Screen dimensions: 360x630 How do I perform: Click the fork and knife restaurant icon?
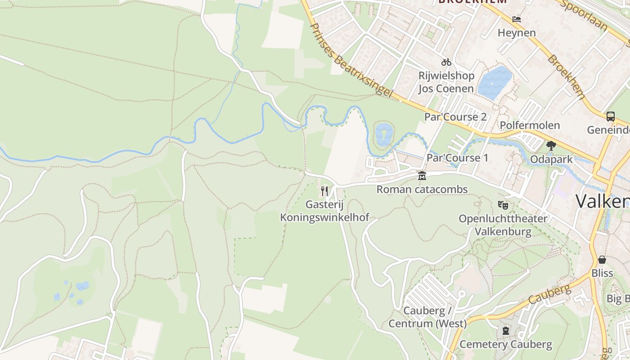tap(324, 191)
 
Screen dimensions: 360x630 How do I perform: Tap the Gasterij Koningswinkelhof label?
tap(324, 211)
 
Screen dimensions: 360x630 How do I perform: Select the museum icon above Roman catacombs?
tap(422, 176)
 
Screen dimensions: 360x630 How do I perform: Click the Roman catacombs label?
tap(422, 189)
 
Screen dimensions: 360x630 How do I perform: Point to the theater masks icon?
tap(503, 205)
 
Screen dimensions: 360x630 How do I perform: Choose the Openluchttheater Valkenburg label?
tap(503, 225)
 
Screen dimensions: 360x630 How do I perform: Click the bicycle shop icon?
tap(446, 62)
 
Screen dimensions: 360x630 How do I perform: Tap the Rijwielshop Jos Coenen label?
tap(446, 82)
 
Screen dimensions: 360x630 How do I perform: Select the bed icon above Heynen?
tap(517, 19)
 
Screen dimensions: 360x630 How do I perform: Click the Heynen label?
tap(517, 33)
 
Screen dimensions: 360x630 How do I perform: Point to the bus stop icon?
tap(611, 116)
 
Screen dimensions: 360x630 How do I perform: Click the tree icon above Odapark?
tap(551, 145)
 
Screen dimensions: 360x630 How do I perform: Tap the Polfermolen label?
tap(530, 126)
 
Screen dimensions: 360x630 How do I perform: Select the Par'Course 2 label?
tap(455, 117)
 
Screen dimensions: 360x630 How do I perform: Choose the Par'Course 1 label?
tap(457, 158)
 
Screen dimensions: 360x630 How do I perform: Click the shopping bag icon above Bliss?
tap(602, 260)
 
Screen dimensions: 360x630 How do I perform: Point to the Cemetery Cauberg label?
tap(506, 345)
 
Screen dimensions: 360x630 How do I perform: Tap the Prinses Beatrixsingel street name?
tap(351, 59)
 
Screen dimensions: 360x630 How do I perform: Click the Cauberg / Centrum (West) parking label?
tap(427, 317)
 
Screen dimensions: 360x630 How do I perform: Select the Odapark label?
tap(551, 160)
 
